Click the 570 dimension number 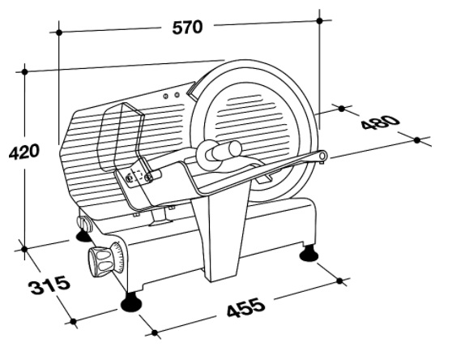click(187, 28)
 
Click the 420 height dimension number click(23, 152)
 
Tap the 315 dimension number click(49, 285)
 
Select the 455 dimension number click(245, 307)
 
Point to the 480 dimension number click(381, 122)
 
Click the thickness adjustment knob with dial click(106, 258)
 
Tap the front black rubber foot click(131, 302)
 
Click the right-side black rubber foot click(309, 253)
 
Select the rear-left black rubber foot click(83, 235)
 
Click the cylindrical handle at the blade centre click(227, 150)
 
